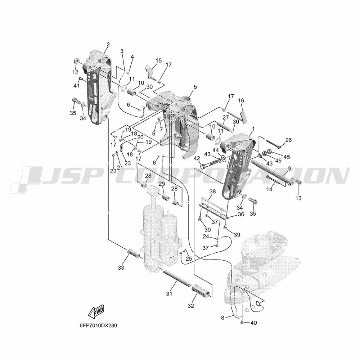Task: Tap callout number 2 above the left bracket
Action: (108, 45)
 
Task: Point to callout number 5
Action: (195, 87)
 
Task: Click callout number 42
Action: (197, 158)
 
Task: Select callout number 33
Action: (121, 267)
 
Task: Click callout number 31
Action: (169, 293)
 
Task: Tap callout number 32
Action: (190, 306)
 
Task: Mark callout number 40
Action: (253, 323)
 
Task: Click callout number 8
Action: (222, 318)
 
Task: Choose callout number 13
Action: (298, 198)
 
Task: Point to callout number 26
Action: (289, 140)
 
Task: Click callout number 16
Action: (241, 100)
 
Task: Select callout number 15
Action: (158, 60)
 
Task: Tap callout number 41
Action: (76, 85)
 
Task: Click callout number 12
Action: (75, 72)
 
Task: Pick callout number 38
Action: (212, 191)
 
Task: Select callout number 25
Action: (189, 259)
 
